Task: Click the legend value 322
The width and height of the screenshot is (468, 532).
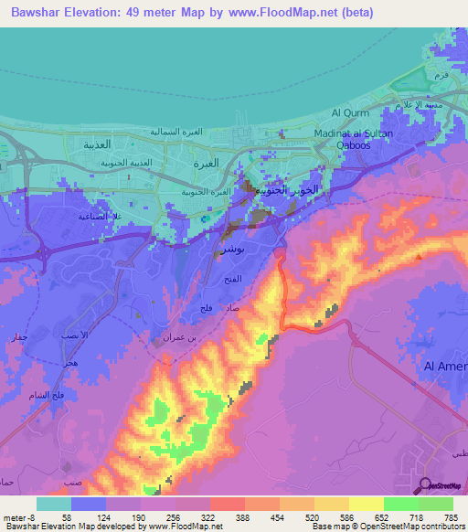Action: coord(207,516)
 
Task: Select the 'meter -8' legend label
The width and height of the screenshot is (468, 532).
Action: coord(18,516)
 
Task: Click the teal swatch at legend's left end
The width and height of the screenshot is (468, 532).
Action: coord(53,504)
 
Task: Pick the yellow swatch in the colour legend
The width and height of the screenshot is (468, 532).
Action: coord(366,504)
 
